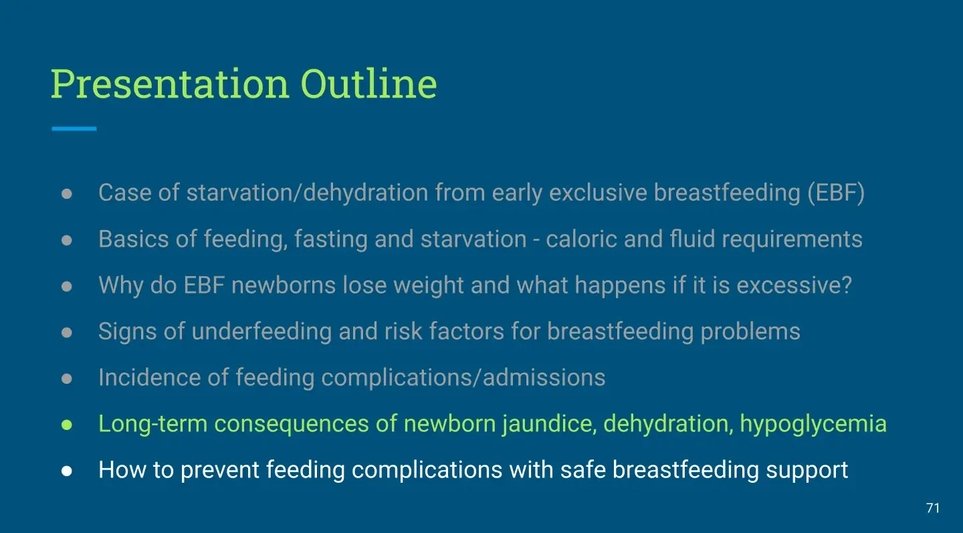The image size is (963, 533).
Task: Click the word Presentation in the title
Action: tap(170, 84)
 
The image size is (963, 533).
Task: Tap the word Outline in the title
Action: tap(368, 84)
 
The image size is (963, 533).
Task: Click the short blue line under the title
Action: tap(74, 128)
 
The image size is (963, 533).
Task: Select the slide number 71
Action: tap(932, 508)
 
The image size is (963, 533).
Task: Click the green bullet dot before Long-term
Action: tap(67, 425)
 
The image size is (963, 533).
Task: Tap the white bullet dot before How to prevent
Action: tap(67, 471)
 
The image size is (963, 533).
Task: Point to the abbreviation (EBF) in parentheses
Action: tap(836, 193)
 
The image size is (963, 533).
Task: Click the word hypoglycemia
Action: tap(813, 424)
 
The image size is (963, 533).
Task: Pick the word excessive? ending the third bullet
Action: tap(794, 285)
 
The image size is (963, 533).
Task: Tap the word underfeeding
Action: tap(261, 332)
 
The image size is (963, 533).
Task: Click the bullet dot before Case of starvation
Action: tap(67, 193)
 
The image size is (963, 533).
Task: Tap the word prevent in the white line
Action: tap(219, 470)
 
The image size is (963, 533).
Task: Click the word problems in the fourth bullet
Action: tap(750, 332)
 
